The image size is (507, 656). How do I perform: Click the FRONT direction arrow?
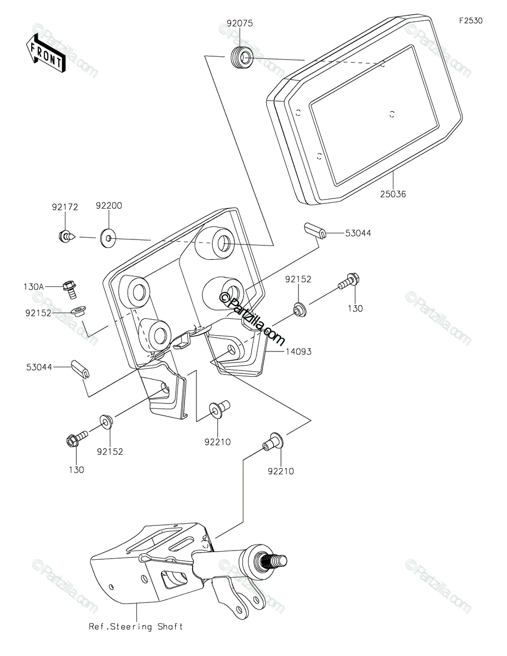(45, 53)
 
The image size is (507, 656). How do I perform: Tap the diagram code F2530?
(470, 21)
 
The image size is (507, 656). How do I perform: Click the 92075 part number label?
(240, 24)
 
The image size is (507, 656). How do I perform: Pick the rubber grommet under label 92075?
(241, 58)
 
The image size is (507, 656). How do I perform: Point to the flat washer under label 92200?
(109, 238)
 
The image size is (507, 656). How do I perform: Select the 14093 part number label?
(298, 352)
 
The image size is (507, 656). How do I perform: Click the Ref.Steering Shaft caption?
(136, 626)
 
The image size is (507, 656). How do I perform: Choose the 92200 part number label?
(109, 207)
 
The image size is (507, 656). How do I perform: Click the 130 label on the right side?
(355, 309)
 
